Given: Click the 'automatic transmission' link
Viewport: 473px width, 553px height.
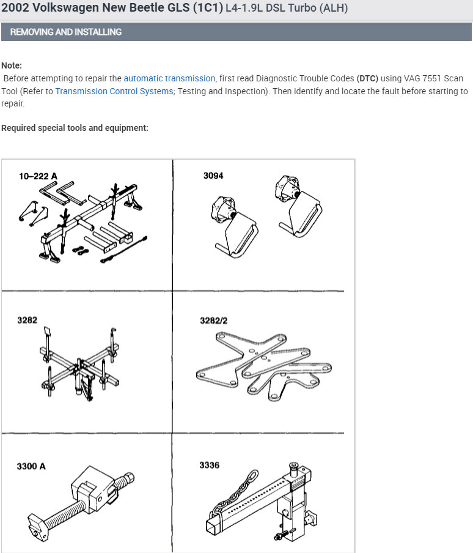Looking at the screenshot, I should [x=169, y=78].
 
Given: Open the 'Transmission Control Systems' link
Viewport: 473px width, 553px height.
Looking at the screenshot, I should [x=114, y=91].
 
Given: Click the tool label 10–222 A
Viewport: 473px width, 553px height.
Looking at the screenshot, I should [x=38, y=176].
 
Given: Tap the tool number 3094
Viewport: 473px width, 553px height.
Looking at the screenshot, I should [x=213, y=176].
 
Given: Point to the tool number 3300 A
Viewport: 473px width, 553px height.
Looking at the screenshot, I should [x=31, y=466].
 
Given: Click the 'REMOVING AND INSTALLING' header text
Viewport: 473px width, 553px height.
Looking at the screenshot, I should [x=66, y=32].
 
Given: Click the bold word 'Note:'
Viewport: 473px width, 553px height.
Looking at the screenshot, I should [x=12, y=65].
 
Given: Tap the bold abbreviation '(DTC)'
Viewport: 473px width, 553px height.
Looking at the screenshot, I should [x=367, y=78].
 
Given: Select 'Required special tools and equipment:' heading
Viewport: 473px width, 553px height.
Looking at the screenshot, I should [x=75, y=128].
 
